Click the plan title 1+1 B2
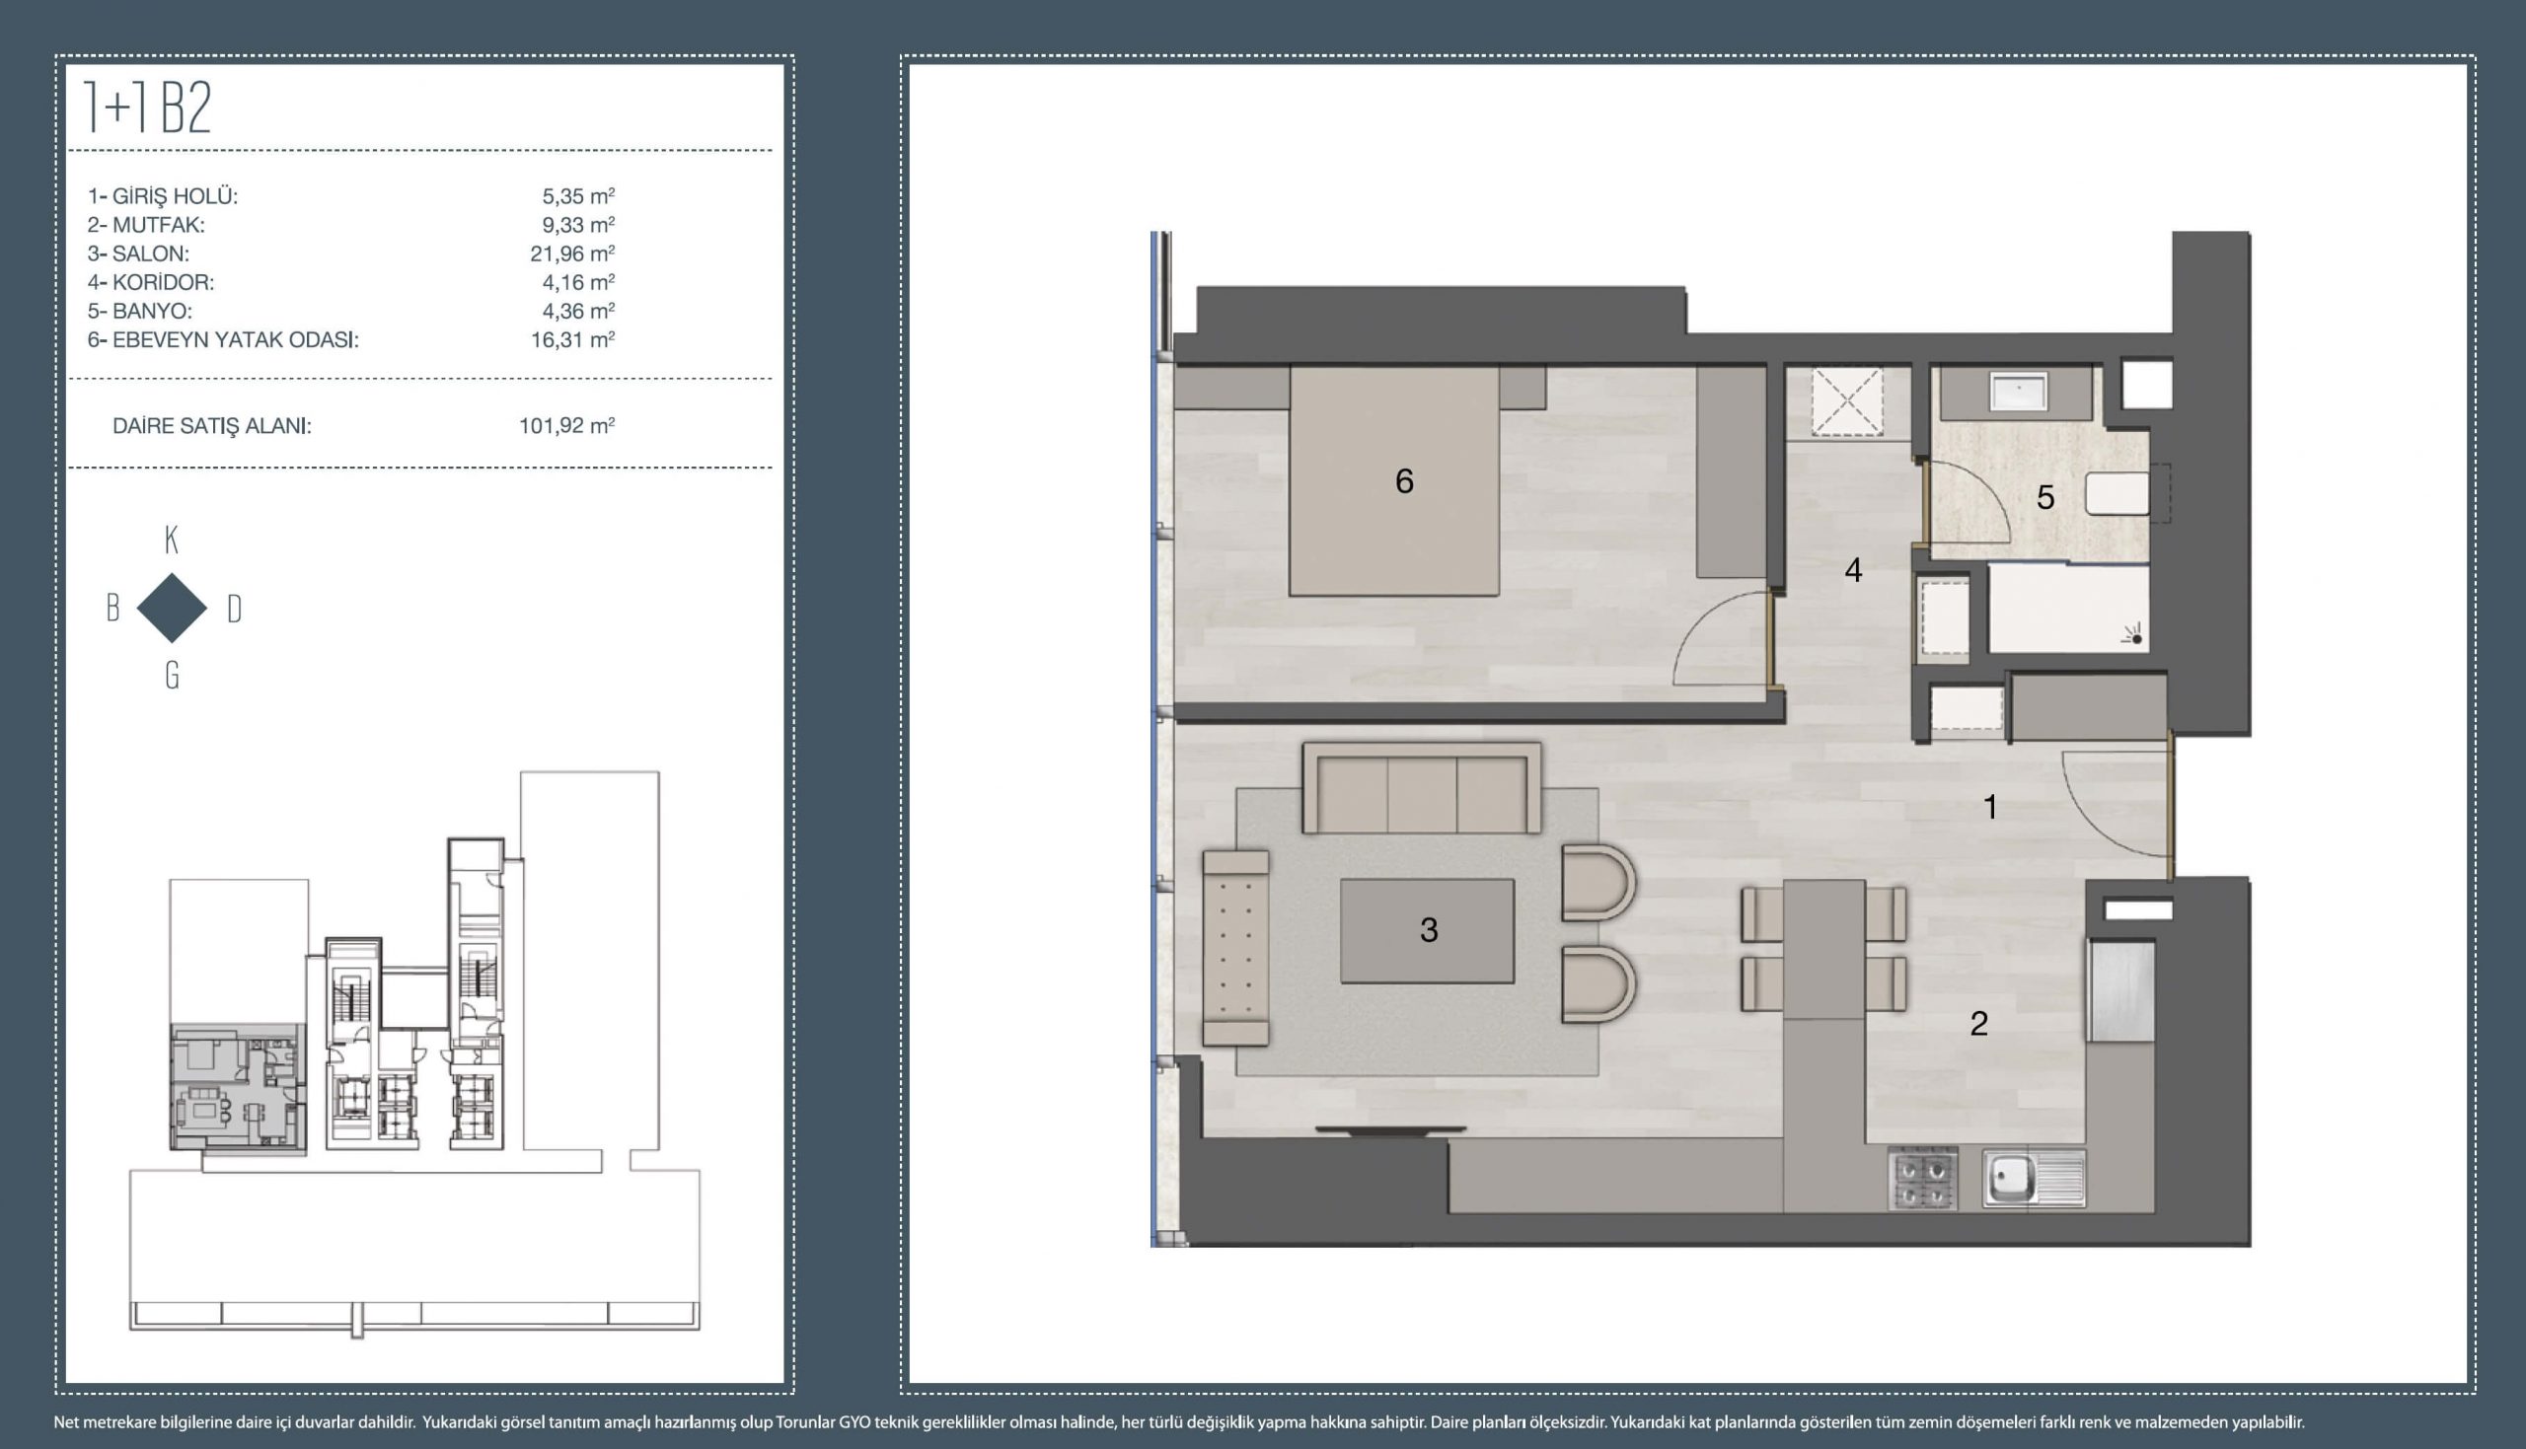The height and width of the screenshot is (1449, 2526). tap(148, 108)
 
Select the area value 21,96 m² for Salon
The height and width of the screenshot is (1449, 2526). tap(572, 254)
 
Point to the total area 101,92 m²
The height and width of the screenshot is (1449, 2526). tap(566, 426)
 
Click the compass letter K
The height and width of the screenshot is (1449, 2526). tap(171, 541)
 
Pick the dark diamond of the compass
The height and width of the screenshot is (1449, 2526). tap(171, 607)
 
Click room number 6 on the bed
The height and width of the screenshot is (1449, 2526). tap(1404, 481)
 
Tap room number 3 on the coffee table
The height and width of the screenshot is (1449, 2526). tap(1429, 929)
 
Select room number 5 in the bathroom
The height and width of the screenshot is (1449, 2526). tap(2045, 497)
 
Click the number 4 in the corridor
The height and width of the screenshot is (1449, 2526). tap(1853, 570)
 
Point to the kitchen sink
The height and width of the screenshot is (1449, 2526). tap(2034, 1180)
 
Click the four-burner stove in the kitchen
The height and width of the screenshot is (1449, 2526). tap(1922, 1180)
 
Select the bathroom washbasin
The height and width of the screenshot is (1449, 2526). tap(2018, 392)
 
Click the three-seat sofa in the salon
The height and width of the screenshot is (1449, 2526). tap(1422, 788)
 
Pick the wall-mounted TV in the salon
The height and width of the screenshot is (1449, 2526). tap(1390, 1129)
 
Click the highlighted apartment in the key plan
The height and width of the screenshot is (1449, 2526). tap(237, 1088)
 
